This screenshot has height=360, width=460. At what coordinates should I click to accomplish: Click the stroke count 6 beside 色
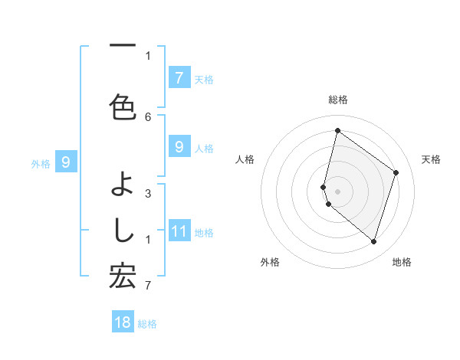click(148, 116)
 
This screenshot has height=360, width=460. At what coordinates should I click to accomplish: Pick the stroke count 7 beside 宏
click(148, 286)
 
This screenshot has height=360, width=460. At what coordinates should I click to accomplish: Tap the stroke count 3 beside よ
click(148, 193)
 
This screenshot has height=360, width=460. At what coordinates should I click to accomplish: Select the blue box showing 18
click(123, 322)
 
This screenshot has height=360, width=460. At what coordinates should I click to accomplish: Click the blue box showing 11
click(179, 231)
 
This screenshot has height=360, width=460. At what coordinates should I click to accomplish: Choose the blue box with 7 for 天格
click(179, 77)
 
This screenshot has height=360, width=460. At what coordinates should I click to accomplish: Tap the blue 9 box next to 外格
click(66, 162)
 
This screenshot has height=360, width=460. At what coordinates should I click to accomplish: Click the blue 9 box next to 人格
click(179, 146)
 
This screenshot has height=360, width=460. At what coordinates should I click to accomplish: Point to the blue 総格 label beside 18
click(147, 324)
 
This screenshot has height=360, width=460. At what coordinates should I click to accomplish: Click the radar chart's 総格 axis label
click(337, 100)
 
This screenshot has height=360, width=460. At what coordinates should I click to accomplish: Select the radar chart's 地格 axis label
click(402, 262)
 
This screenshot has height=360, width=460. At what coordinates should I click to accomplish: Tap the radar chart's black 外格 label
click(270, 262)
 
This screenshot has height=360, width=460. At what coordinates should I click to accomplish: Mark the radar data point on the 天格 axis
click(396, 172)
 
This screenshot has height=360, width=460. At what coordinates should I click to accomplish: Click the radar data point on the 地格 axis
click(373, 241)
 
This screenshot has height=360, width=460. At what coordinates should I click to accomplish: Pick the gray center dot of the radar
click(337, 191)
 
